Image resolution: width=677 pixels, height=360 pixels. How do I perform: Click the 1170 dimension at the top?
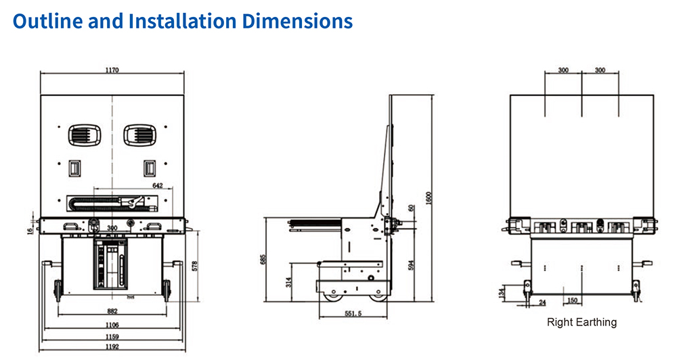[112, 70]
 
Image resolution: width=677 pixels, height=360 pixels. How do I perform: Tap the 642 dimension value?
[158, 185]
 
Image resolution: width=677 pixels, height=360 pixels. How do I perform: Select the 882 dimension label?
[112, 311]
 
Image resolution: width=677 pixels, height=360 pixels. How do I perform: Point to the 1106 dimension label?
[112, 325]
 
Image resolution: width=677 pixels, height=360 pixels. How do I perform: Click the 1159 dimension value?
[112, 336]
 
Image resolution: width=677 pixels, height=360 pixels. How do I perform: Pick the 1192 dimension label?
[112, 346]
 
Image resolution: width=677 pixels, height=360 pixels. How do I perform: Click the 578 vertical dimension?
[194, 266]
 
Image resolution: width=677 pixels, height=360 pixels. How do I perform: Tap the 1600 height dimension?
[429, 198]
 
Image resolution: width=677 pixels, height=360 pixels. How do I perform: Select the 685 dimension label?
[263, 259]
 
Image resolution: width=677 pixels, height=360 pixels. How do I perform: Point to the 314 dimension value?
[288, 282]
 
